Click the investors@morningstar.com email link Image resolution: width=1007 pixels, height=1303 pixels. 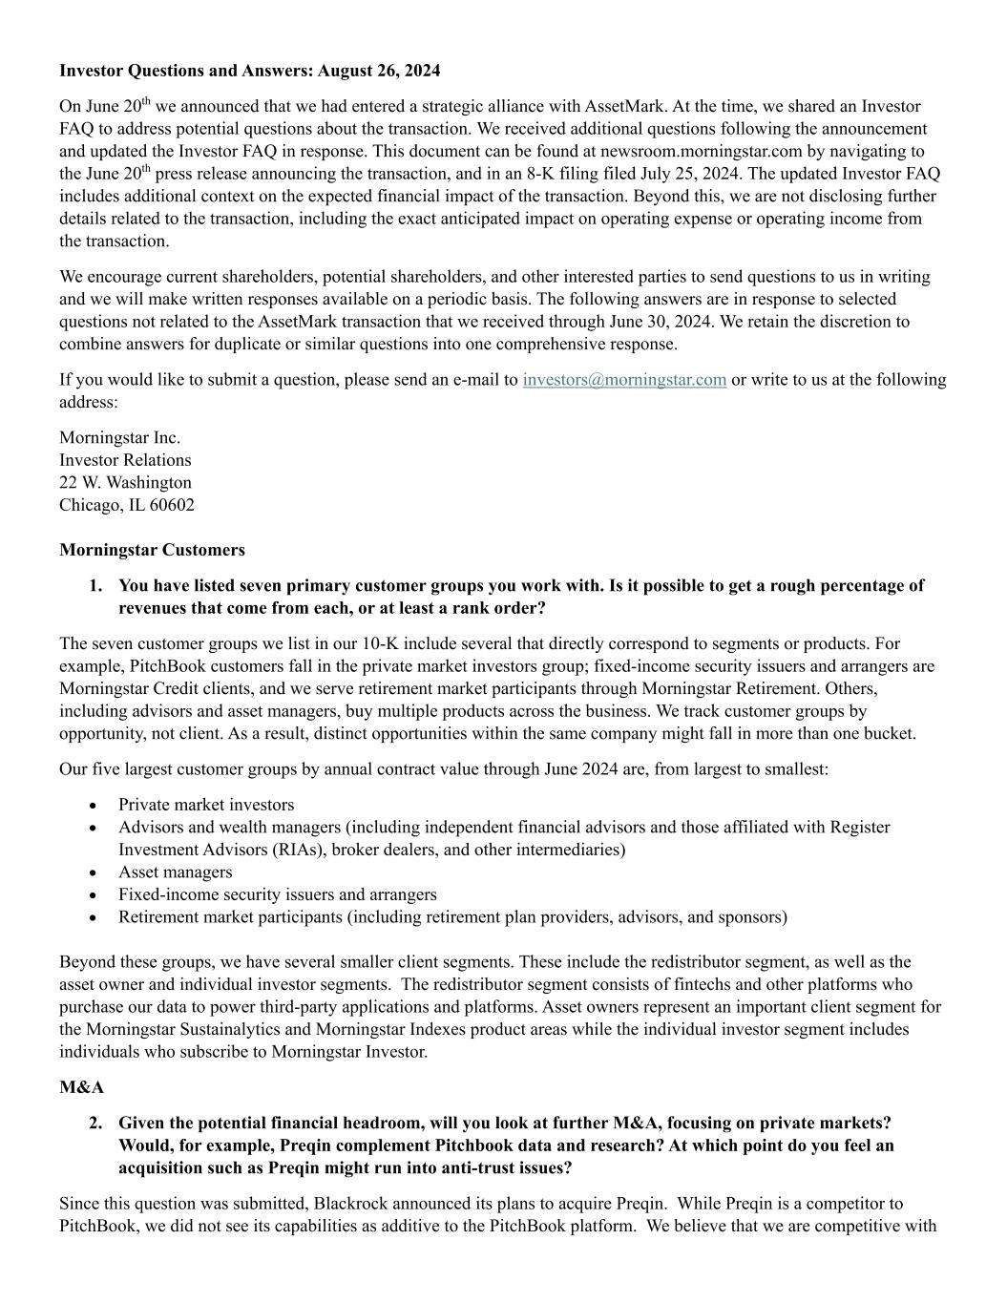(624, 380)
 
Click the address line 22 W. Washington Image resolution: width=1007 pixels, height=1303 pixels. (125, 482)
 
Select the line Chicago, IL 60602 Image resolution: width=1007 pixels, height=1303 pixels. (126, 505)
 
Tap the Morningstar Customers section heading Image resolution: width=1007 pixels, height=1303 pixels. (152, 550)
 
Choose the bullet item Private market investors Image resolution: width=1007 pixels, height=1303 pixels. (206, 805)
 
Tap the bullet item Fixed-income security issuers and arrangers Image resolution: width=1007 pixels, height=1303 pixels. (277, 894)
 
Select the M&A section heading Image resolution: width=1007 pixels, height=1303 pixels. (81, 1087)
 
